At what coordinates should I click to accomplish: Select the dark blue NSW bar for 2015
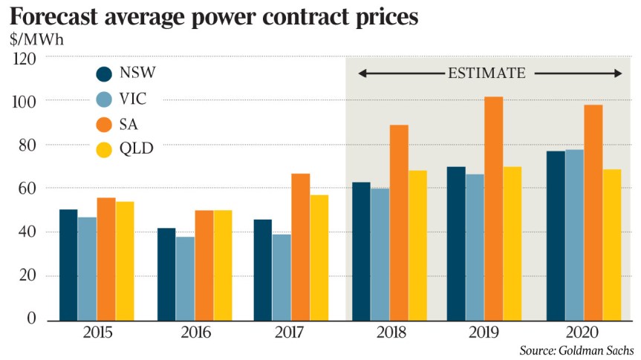(68, 264)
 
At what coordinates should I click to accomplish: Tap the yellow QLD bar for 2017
(319, 257)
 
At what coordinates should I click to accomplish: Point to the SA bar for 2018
(399, 222)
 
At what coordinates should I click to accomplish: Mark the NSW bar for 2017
(262, 269)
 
